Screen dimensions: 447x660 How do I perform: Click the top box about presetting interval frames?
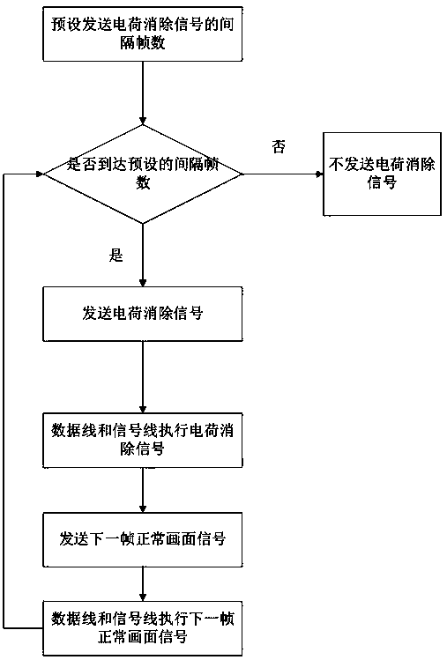pyautogui.click(x=143, y=33)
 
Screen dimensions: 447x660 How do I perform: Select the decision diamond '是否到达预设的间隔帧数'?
pyautogui.click(x=143, y=174)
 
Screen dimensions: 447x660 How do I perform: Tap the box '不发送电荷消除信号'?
pyautogui.click(x=382, y=174)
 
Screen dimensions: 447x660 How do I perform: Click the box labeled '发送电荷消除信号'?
pyautogui.click(x=143, y=314)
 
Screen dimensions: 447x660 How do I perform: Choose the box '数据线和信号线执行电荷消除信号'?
pyautogui.click(x=143, y=440)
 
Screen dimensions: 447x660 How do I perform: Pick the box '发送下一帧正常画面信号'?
pyautogui.click(x=143, y=539)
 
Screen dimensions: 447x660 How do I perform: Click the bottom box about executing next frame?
pyautogui.click(x=143, y=628)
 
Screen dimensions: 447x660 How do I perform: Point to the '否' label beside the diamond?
pyautogui.click(x=279, y=147)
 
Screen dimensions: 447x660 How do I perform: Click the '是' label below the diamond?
pyautogui.click(x=115, y=256)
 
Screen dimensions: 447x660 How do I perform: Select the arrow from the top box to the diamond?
pyautogui.click(x=143, y=93)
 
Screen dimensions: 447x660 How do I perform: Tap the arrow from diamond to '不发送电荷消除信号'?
pyautogui.click(x=283, y=174)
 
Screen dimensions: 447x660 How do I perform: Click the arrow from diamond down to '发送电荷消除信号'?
pyautogui.click(x=143, y=255)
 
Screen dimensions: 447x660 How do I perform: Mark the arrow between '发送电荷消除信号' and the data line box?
pyautogui.click(x=143, y=377)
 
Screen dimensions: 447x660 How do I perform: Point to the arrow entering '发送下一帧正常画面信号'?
pyautogui.click(x=143, y=490)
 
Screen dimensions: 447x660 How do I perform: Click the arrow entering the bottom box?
pyautogui.click(x=143, y=584)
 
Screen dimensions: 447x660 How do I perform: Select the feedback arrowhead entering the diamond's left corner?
pyautogui.click(x=41, y=174)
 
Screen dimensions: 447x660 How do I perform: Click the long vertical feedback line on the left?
pyautogui.click(x=4, y=401)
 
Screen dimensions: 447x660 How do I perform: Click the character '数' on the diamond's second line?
pyautogui.click(x=143, y=183)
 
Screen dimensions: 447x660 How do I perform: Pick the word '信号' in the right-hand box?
pyautogui.click(x=382, y=182)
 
